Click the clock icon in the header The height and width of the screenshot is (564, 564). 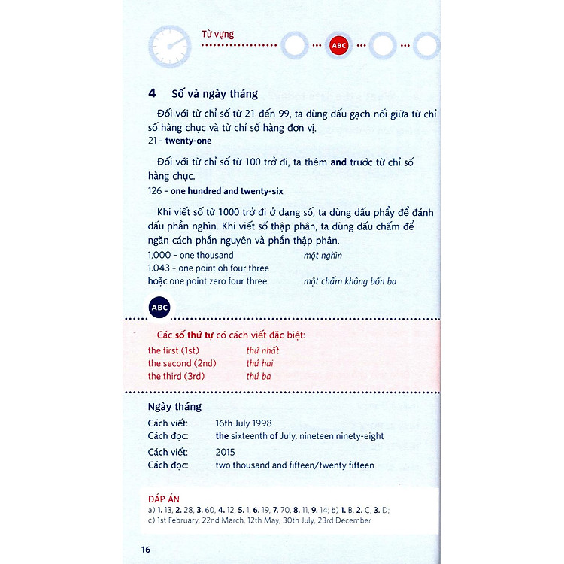(169, 45)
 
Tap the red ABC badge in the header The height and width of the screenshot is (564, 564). (339, 46)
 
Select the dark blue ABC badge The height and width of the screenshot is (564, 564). (159, 308)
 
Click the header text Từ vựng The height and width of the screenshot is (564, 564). (217, 34)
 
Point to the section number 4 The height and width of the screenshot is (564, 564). (152, 94)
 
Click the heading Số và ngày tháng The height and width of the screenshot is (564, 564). (214, 94)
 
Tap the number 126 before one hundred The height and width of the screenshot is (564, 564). (156, 191)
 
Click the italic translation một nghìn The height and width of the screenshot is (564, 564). (323, 256)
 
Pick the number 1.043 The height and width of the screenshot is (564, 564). (159, 268)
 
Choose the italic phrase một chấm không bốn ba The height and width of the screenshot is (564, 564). (350, 281)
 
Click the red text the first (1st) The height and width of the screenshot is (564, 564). (174, 350)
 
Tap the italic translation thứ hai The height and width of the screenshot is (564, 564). (260, 363)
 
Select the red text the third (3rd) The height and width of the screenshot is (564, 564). (176, 376)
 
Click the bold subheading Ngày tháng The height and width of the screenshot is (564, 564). (174, 407)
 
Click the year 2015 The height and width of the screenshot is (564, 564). (225, 452)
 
